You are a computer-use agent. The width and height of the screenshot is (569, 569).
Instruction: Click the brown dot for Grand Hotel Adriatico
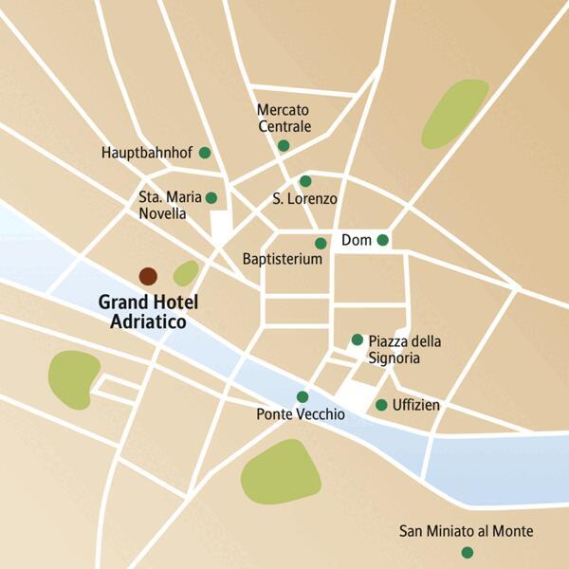(148, 276)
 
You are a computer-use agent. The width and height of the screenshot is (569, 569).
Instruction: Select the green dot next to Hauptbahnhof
(204, 152)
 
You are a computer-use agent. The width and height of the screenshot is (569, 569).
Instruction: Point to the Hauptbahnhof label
(147, 153)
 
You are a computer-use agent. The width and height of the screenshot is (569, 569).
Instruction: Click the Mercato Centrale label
(283, 118)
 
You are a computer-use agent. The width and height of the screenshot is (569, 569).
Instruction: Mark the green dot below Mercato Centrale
(283, 145)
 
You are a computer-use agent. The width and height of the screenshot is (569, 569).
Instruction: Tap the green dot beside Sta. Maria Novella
(211, 197)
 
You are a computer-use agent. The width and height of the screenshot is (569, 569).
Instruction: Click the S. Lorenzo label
(304, 199)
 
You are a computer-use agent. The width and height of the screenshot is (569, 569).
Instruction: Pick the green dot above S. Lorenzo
(305, 180)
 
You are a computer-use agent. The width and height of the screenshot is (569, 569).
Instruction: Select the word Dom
(355, 240)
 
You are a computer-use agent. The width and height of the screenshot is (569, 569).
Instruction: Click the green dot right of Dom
(382, 240)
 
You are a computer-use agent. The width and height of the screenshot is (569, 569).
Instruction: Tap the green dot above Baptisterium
(321, 243)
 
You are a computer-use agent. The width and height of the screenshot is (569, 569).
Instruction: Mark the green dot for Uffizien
(381, 405)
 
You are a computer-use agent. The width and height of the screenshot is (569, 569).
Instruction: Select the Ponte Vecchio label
(301, 415)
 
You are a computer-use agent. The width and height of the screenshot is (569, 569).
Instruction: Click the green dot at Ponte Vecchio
(303, 396)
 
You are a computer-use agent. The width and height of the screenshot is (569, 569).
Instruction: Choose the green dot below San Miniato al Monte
(466, 552)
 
